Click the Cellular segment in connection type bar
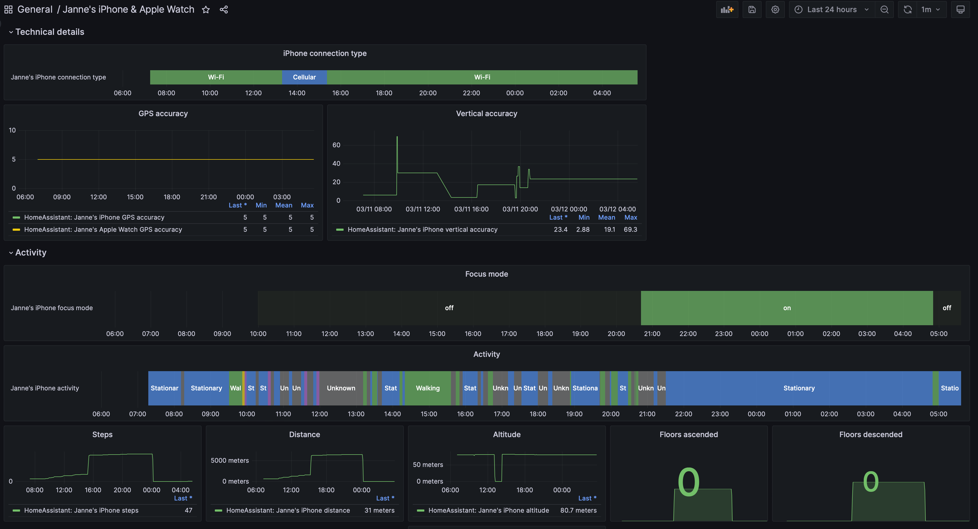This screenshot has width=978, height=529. pyautogui.click(x=304, y=77)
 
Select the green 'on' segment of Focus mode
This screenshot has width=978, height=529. pyautogui.click(x=787, y=308)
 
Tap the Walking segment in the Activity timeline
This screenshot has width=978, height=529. pyautogui.click(x=428, y=388)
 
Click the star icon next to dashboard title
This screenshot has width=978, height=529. pyautogui.click(x=206, y=10)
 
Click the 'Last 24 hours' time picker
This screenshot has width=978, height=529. pyautogui.click(x=832, y=10)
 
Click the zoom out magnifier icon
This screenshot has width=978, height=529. pyautogui.click(x=884, y=10)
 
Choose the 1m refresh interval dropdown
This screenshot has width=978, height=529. pyautogui.click(x=930, y=10)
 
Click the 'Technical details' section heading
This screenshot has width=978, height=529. pyautogui.click(x=49, y=32)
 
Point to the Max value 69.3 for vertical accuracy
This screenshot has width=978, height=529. pyautogui.click(x=630, y=229)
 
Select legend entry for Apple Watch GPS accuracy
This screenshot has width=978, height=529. pyautogui.click(x=103, y=229)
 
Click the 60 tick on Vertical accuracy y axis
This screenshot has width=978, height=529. pyautogui.click(x=336, y=145)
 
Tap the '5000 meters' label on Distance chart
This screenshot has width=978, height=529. pyautogui.click(x=230, y=460)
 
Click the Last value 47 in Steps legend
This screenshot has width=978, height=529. pyautogui.click(x=188, y=511)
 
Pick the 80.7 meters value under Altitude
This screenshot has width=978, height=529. pyautogui.click(x=578, y=511)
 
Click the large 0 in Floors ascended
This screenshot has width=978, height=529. pyautogui.click(x=688, y=481)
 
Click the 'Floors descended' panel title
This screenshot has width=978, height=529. pyautogui.click(x=871, y=434)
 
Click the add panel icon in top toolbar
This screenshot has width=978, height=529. pyautogui.click(x=727, y=10)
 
